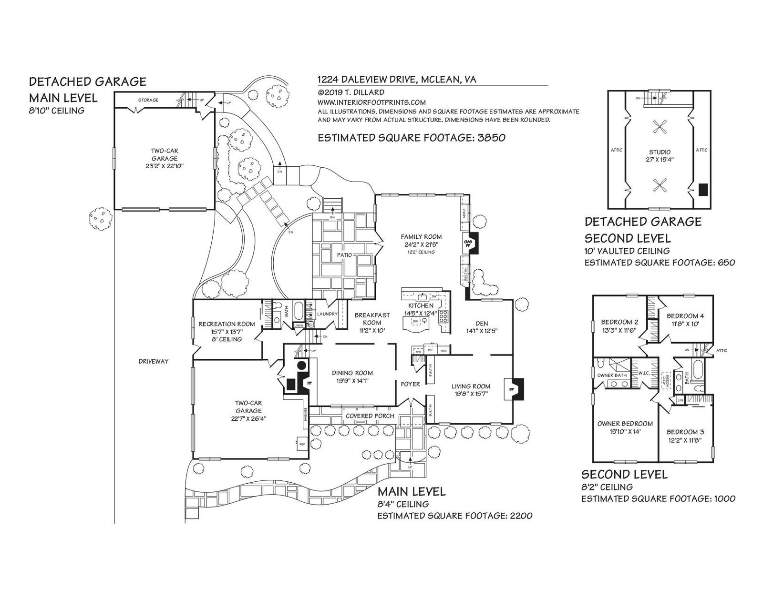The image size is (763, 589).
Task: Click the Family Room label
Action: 421,237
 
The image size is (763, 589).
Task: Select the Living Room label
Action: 471,386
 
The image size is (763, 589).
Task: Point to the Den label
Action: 482,323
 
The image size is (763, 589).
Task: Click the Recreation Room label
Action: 227,324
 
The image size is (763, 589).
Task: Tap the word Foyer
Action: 410,384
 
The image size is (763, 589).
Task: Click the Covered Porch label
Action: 370,416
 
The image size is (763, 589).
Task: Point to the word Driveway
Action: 154,361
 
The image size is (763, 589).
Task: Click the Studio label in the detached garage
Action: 660,152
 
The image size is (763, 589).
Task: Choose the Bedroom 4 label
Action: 685,316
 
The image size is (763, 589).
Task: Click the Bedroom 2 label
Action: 619,321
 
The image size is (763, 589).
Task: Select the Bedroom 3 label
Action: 685,432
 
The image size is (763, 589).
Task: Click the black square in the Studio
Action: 702,190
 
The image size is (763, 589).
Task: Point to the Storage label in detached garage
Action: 148,100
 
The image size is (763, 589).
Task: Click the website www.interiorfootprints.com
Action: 371,102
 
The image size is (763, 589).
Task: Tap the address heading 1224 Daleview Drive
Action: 367,80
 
